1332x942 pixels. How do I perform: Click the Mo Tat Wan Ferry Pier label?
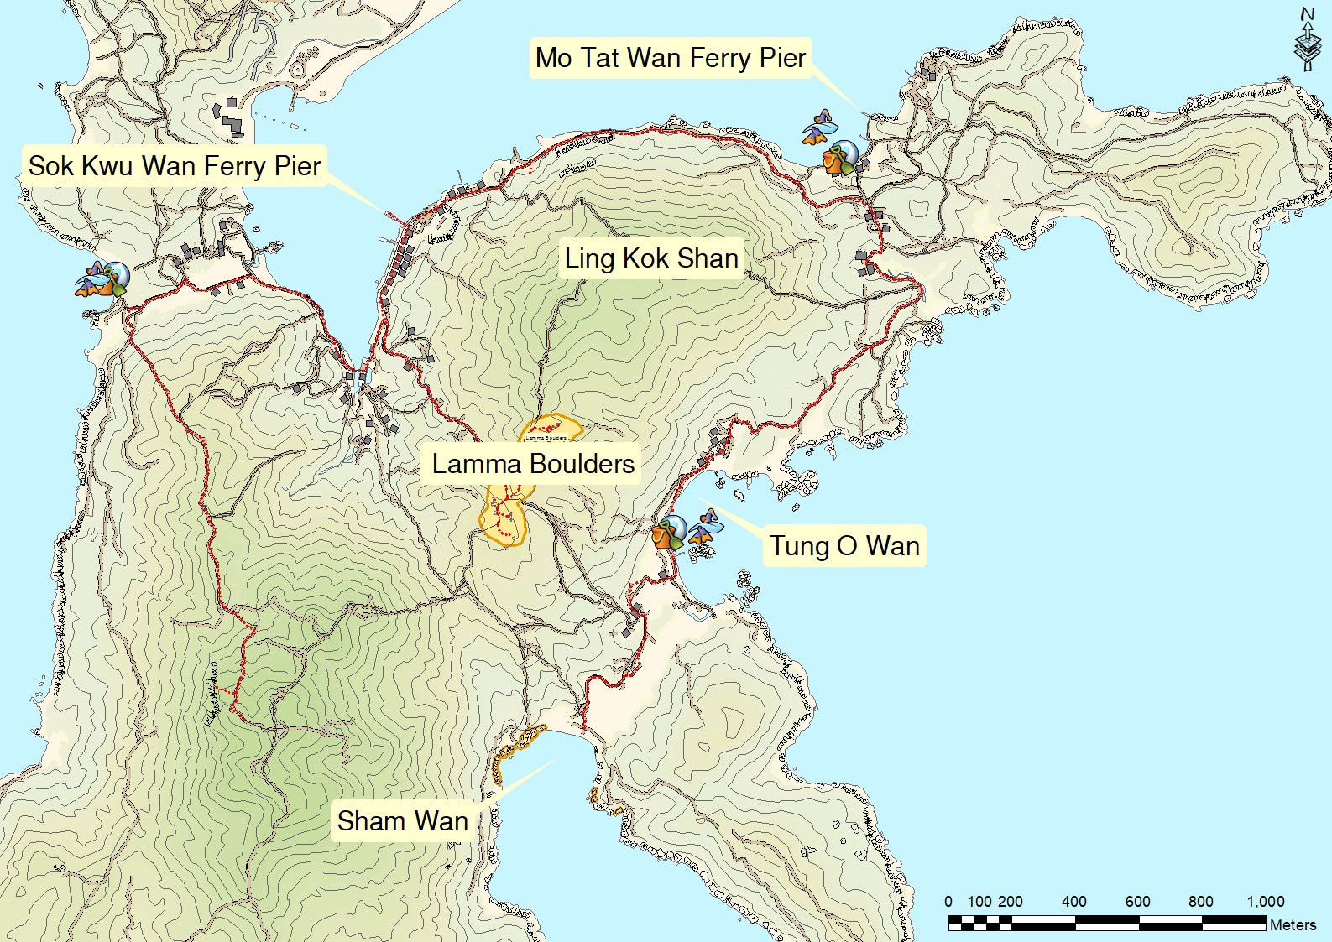[670, 58]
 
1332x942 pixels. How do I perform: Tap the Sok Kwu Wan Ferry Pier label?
[174, 165]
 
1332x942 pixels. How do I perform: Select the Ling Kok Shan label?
[651, 258]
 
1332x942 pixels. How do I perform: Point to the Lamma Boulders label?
[533, 463]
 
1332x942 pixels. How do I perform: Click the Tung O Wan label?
[844, 545]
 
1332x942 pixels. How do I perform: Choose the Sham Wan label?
[402, 820]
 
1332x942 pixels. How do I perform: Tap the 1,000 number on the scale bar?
[1265, 902]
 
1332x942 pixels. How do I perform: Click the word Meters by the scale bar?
[1293, 924]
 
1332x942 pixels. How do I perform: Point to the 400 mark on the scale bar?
[1074, 902]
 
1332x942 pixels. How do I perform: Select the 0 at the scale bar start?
[948, 902]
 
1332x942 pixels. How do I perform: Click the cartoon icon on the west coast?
[102, 279]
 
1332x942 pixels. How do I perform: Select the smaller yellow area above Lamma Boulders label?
[551, 428]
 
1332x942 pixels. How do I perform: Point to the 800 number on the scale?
[1200, 902]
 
